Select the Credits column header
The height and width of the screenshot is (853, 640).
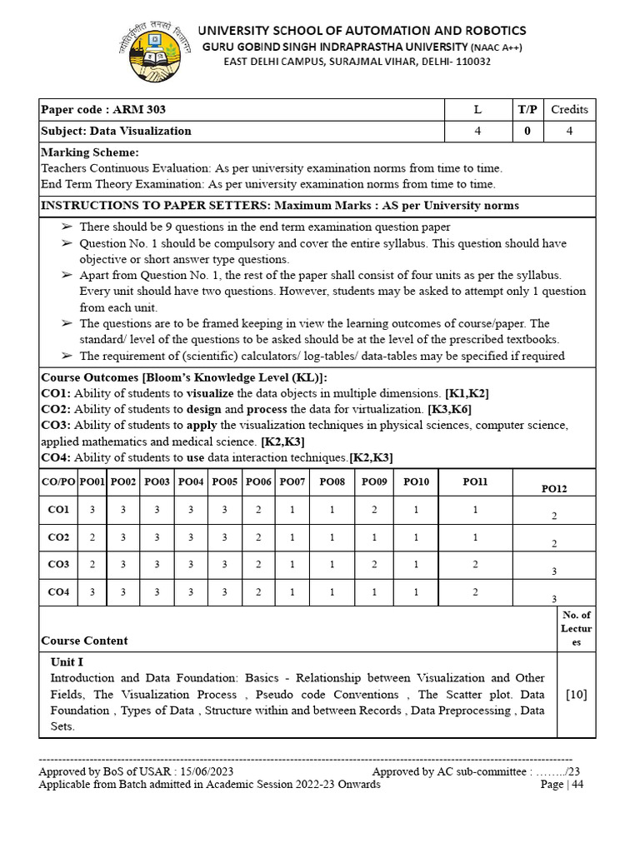(x=569, y=109)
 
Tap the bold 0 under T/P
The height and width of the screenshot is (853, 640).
(x=527, y=131)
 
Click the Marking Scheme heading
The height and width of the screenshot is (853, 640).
(x=90, y=152)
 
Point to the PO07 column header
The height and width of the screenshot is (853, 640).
(x=292, y=481)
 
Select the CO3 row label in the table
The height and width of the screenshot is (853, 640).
(x=58, y=564)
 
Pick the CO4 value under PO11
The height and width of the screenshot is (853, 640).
(x=475, y=591)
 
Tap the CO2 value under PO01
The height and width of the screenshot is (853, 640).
(x=92, y=537)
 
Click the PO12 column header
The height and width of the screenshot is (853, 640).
(x=554, y=489)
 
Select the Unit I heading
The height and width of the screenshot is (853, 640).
(x=67, y=661)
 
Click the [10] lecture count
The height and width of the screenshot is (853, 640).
(x=576, y=694)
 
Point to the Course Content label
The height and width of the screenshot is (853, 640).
(x=84, y=641)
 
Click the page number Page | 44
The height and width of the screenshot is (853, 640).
(x=562, y=785)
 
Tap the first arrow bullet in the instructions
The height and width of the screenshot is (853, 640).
(x=67, y=227)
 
